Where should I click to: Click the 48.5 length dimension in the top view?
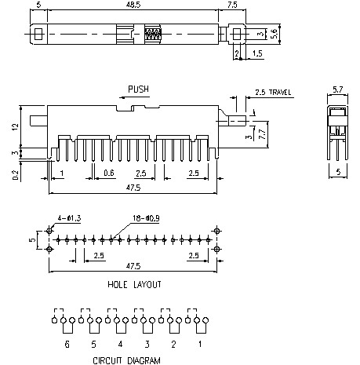pyautogui.click(x=135, y=6)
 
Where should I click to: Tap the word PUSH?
pyautogui.click(x=137, y=89)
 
